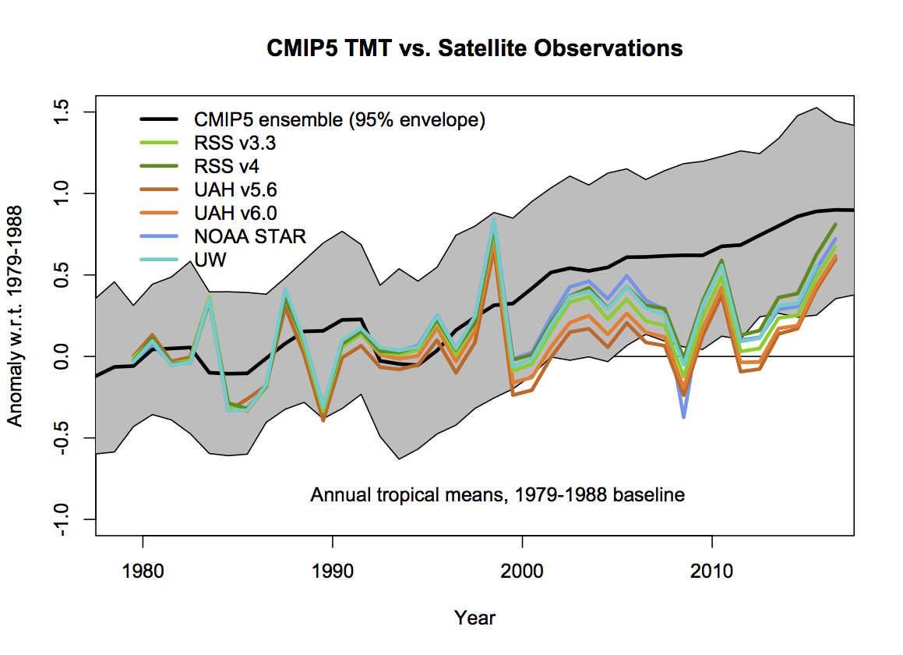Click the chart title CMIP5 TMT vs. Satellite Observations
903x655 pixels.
[474, 48]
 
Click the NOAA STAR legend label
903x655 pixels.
[249, 236]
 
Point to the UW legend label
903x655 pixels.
[210, 260]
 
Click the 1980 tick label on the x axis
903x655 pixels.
[143, 572]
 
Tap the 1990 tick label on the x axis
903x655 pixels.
[333, 572]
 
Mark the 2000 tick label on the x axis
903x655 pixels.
[522, 572]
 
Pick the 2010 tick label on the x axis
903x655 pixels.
[711, 572]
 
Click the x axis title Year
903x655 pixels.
[474, 618]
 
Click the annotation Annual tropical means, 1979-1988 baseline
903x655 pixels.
[497, 495]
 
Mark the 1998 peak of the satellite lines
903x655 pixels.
[493, 221]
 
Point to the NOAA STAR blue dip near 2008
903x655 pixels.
[683, 416]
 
